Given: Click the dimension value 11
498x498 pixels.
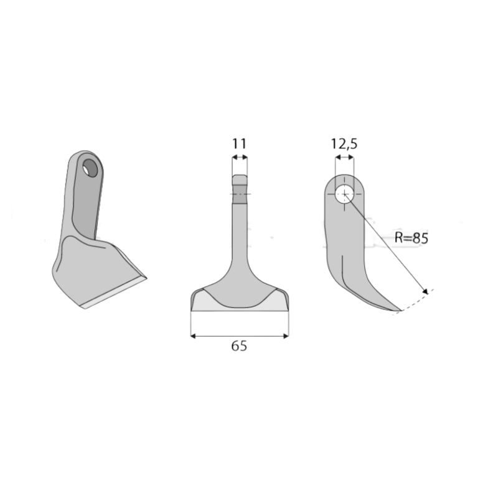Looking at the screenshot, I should coord(240,144).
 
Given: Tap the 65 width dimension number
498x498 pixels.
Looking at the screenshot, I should coord(239,347).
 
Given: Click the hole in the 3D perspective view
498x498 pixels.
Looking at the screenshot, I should coord(91,168).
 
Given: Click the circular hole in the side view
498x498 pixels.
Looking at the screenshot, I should coord(344,194).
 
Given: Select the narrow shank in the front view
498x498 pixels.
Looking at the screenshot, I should coord(240,237).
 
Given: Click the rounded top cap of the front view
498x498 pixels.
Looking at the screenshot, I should coord(240,179).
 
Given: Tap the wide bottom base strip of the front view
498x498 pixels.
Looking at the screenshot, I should coord(240,308).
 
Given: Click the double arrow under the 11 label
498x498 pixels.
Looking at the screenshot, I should coord(240,159).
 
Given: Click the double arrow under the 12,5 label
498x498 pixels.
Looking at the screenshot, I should coord(344,159).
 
